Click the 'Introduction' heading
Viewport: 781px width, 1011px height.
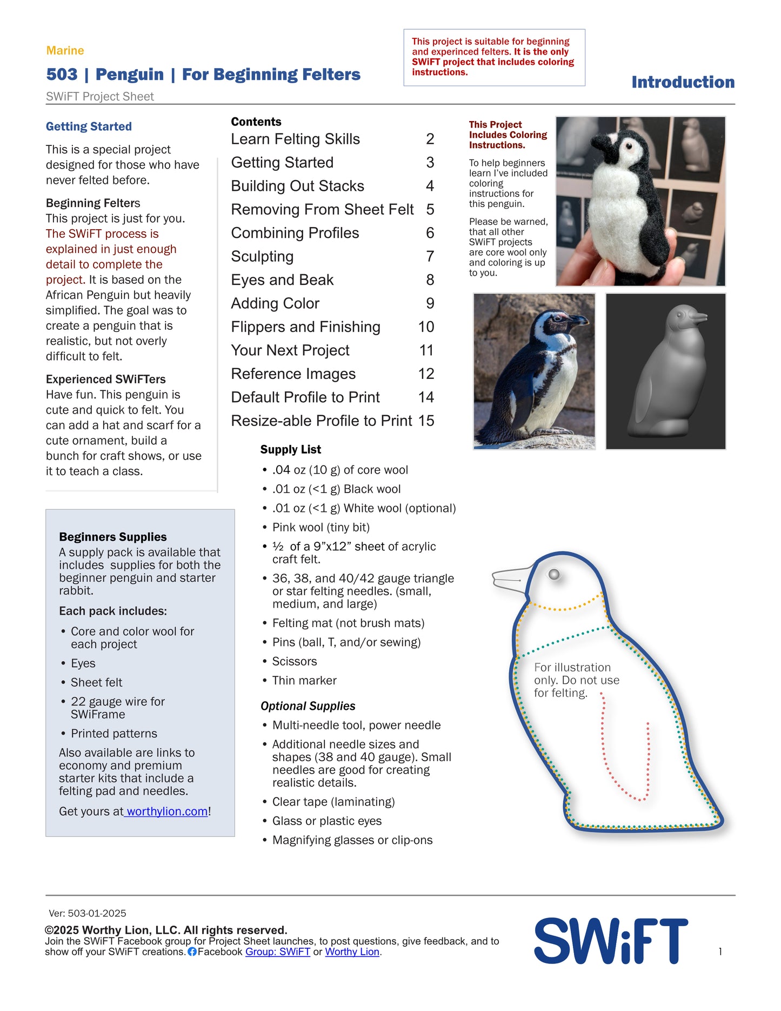(683, 82)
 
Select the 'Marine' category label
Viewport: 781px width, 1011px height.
(65, 51)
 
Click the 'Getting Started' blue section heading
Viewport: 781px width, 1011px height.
(89, 127)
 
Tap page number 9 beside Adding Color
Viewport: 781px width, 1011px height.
(430, 303)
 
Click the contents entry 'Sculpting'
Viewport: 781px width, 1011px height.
(262, 256)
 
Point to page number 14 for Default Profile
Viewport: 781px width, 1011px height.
(426, 397)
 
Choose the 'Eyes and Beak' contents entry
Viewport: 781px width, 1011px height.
(282, 280)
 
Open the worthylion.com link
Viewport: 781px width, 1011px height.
(167, 812)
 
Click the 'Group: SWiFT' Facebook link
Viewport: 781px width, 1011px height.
(278, 952)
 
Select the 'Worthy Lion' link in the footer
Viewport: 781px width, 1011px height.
(352, 952)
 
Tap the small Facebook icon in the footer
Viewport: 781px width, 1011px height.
(192, 952)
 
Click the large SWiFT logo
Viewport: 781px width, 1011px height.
(611, 941)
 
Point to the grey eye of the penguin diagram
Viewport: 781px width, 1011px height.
(554, 574)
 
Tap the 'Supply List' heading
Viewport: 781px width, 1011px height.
(290, 450)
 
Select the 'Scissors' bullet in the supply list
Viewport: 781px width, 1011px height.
(295, 662)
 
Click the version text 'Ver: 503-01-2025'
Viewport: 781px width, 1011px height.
(88, 913)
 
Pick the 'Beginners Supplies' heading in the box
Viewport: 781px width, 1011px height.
(113, 537)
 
